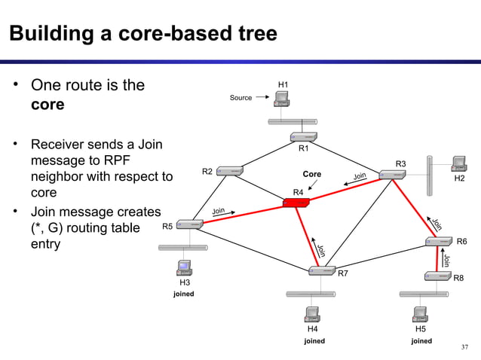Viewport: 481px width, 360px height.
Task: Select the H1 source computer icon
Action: point(283,99)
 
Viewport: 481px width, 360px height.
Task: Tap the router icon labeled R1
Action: point(303,136)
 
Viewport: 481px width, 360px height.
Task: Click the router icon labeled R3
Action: point(393,174)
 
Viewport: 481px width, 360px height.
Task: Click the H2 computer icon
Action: point(457,164)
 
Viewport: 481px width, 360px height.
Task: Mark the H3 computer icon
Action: point(183,267)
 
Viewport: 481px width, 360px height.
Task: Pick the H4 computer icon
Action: point(311,314)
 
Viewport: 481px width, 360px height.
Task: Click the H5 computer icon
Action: point(420,314)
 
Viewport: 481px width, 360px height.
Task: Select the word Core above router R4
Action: point(311,175)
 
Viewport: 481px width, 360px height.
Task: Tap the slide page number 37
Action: point(464,347)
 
